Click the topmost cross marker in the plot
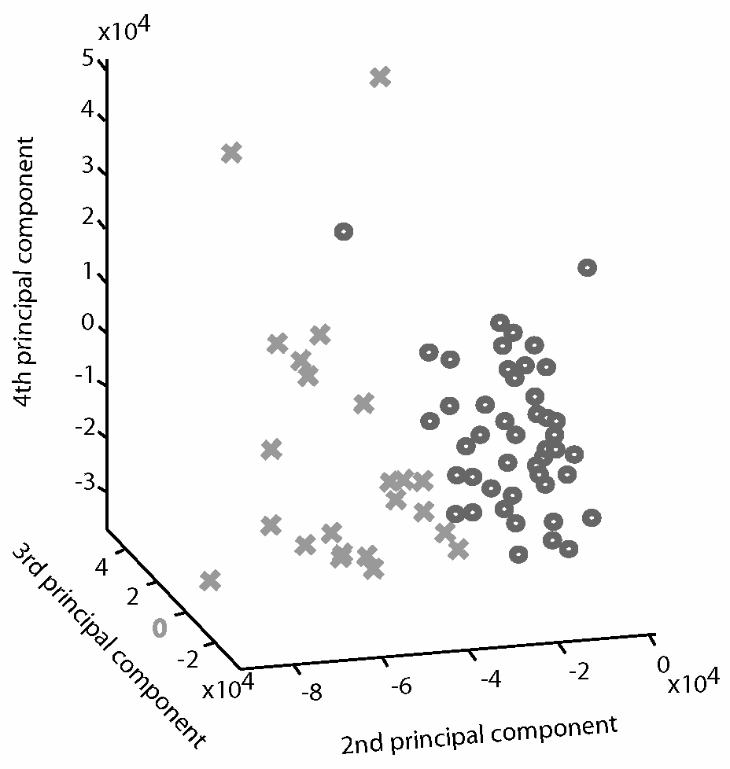[380, 77]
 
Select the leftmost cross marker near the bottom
[209, 581]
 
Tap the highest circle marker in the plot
[344, 231]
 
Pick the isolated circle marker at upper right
[587, 267]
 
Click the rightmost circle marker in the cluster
[592, 517]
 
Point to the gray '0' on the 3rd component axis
[160, 627]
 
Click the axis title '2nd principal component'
[479, 732]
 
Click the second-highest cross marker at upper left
[231, 153]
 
